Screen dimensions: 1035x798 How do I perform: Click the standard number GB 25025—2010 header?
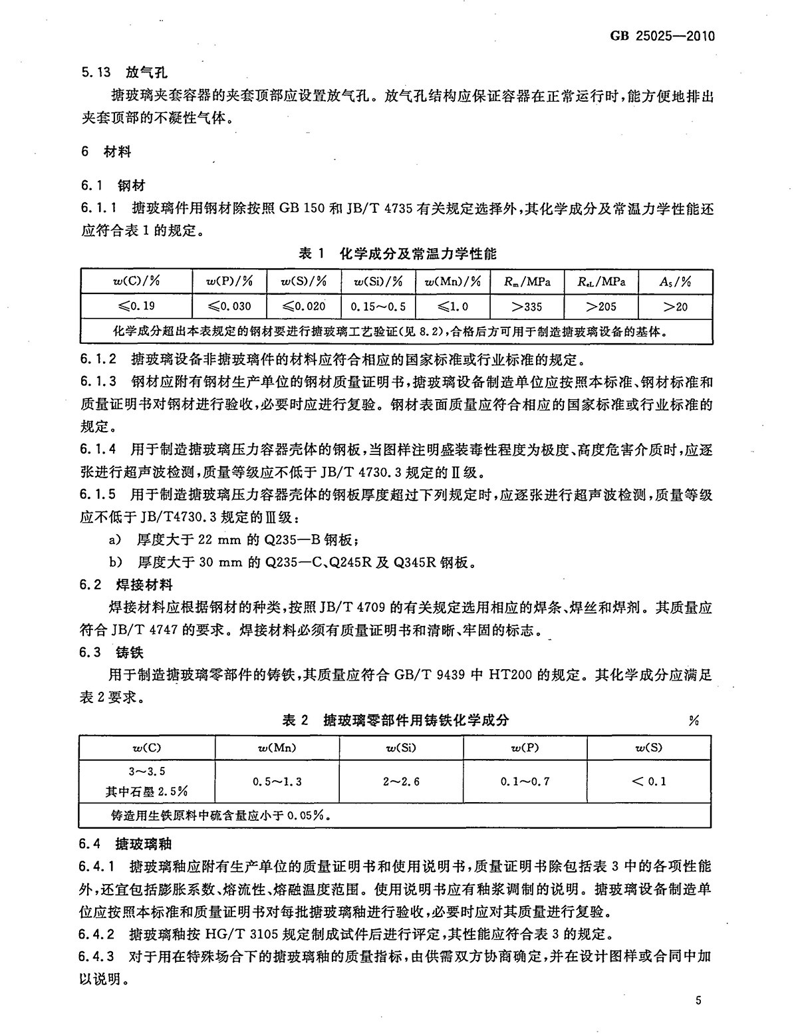661,35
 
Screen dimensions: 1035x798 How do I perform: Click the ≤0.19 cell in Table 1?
136,307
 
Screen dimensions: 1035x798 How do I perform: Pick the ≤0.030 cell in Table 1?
229,307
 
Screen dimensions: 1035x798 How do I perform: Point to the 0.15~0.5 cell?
378,307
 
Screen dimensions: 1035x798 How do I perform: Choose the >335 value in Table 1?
527,307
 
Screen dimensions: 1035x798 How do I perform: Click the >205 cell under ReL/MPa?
602,307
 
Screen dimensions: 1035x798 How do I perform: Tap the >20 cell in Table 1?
676,307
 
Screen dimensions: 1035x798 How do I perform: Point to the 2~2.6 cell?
401,782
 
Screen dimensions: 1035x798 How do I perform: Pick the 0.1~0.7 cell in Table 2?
525,782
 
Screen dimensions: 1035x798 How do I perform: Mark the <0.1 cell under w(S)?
648,782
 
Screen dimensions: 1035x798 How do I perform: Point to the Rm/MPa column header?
527,281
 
